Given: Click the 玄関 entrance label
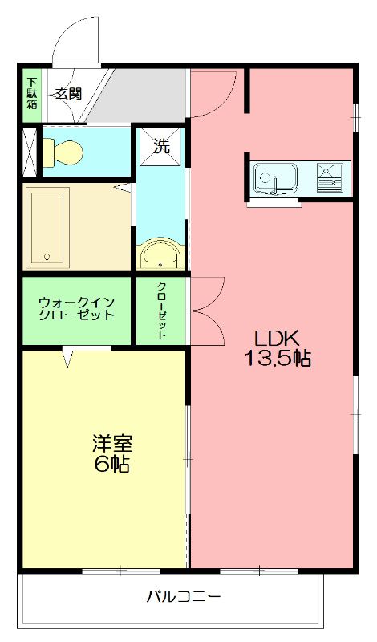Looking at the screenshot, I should pyautogui.click(x=68, y=93).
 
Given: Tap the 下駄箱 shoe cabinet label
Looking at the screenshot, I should pyautogui.click(x=30, y=95).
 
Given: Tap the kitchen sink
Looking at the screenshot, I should pyautogui.click(x=275, y=178).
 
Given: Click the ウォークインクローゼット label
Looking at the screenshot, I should pyautogui.click(x=77, y=309).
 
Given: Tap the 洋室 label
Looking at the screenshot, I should pyautogui.click(x=111, y=443).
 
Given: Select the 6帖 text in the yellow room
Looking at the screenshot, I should pyautogui.click(x=111, y=465).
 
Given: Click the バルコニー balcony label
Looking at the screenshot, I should pyautogui.click(x=183, y=597).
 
